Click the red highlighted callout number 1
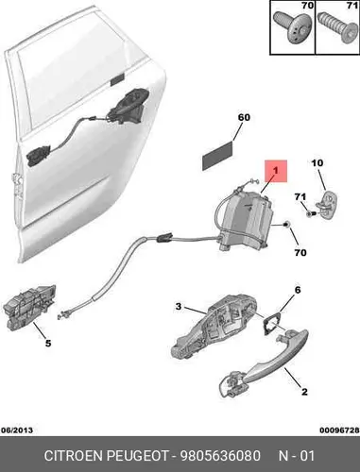click(276, 171)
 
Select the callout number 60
click(244, 117)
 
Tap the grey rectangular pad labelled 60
click(217, 156)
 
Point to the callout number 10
click(317, 163)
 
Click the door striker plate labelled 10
click(329, 205)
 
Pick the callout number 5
click(48, 343)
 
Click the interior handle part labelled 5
click(29, 307)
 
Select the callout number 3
click(179, 306)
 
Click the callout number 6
click(298, 290)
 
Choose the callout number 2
click(304, 392)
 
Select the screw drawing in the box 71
click(335, 27)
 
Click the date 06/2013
click(17, 430)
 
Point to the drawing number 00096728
click(339, 430)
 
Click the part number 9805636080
click(220, 456)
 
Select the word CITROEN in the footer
click(74, 456)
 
